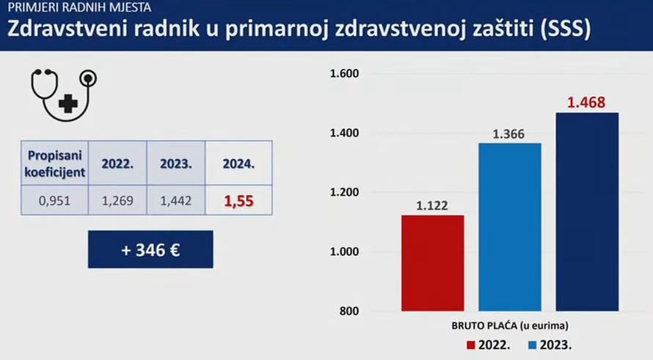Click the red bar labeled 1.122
click(433, 263)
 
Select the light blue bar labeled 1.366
click(510, 227)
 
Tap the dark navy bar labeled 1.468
click(586, 212)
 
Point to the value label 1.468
click(586, 102)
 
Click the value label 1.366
click(510, 134)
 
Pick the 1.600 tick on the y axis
click(343, 74)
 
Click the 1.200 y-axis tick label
click(343, 193)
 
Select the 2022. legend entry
click(489, 343)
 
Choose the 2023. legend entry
click(550, 343)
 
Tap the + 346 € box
click(150, 249)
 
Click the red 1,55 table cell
click(238, 199)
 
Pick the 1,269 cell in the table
click(117, 199)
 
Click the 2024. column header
click(238, 164)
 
